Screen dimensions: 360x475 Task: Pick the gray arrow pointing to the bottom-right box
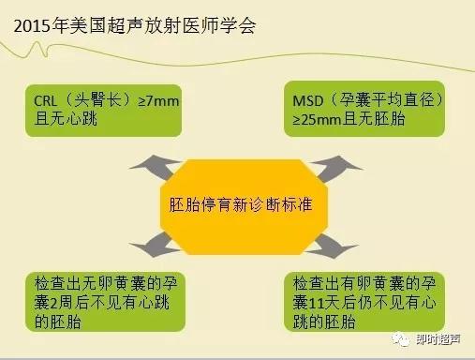tap(333, 246)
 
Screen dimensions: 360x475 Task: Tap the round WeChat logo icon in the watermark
tap(405, 341)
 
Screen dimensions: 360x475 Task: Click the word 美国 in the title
tap(84, 27)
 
